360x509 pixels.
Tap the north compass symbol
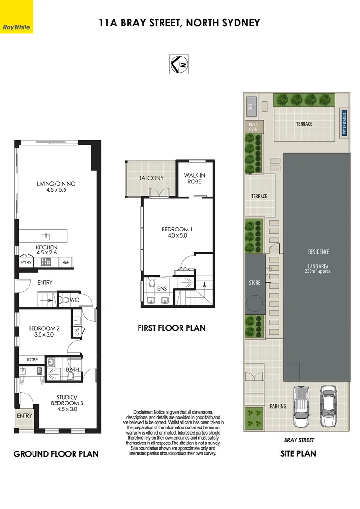(179, 65)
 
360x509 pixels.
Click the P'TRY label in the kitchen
(26, 262)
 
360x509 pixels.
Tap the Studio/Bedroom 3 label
(64, 406)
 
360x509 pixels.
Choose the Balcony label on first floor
(151, 178)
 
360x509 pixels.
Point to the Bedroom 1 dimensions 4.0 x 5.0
(177, 235)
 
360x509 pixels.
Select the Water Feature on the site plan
(344, 123)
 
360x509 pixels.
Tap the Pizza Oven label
(254, 126)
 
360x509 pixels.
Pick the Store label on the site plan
(254, 283)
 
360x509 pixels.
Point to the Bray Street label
(299, 440)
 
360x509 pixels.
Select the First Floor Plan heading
(172, 328)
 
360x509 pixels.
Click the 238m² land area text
(319, 271)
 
